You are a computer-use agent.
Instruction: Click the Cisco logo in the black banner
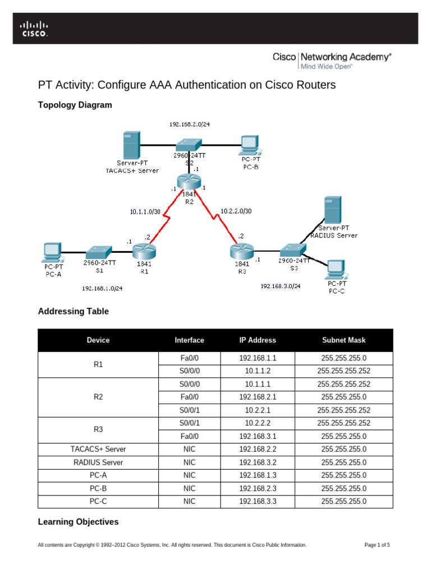click(35, 29)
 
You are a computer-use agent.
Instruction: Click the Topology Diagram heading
click(75, 105)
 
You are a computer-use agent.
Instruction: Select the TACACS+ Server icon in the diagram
click(131, 145)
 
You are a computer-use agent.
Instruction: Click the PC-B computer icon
click(247, 145)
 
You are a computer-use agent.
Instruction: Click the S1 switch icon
click(99, 250)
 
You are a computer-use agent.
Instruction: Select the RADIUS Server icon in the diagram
click(333, 211)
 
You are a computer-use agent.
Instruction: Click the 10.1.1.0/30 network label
click(145, 212)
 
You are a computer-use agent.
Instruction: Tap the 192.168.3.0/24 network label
click(280, 286)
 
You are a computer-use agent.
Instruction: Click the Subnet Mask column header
click(343, 340)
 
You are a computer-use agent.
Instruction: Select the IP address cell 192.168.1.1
click(258, 358)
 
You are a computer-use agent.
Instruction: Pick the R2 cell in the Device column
click(98, 397)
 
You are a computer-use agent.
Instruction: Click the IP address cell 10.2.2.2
click(258, 423)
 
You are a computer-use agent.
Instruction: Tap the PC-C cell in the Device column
click(98, 501)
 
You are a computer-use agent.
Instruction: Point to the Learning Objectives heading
click(78, 522)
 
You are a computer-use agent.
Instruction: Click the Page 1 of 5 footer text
click(377, 545)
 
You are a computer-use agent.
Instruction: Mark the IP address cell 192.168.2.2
click(258, 449)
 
